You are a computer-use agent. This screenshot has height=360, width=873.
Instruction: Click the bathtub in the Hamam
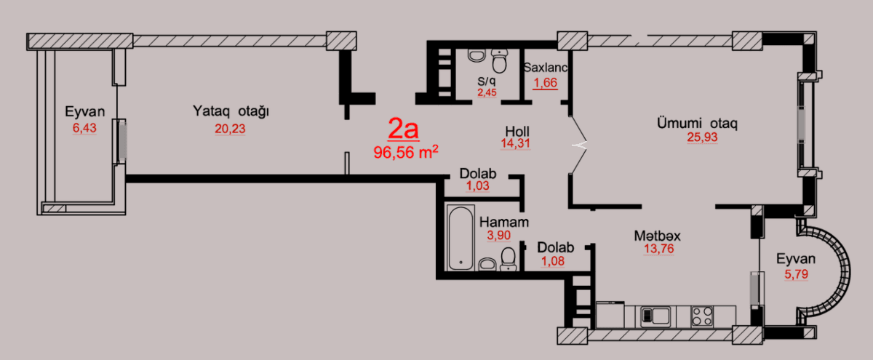point(461,238)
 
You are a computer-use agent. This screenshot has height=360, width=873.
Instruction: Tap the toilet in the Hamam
point(508,257)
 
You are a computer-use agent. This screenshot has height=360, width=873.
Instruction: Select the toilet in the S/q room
point(477,55)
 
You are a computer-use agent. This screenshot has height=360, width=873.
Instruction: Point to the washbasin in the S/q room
point(500,55)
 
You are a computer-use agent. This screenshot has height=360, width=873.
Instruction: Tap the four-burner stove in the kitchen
point(702,316)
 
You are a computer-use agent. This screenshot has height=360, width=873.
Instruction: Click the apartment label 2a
point(402,129)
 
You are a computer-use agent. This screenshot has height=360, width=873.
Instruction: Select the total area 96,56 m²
point(405,152)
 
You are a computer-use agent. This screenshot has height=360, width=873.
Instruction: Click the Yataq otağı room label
point(231,111)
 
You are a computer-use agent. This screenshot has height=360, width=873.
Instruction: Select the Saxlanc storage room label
point(545,68)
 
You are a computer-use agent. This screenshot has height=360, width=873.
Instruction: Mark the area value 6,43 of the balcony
point(85,128)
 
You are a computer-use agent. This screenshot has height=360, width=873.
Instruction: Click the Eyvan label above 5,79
point(795,258)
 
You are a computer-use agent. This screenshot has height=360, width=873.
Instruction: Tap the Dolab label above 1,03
point(478,174)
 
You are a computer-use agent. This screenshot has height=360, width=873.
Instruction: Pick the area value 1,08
point(556,261)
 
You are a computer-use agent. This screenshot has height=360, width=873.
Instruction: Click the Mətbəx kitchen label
point(657,236)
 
